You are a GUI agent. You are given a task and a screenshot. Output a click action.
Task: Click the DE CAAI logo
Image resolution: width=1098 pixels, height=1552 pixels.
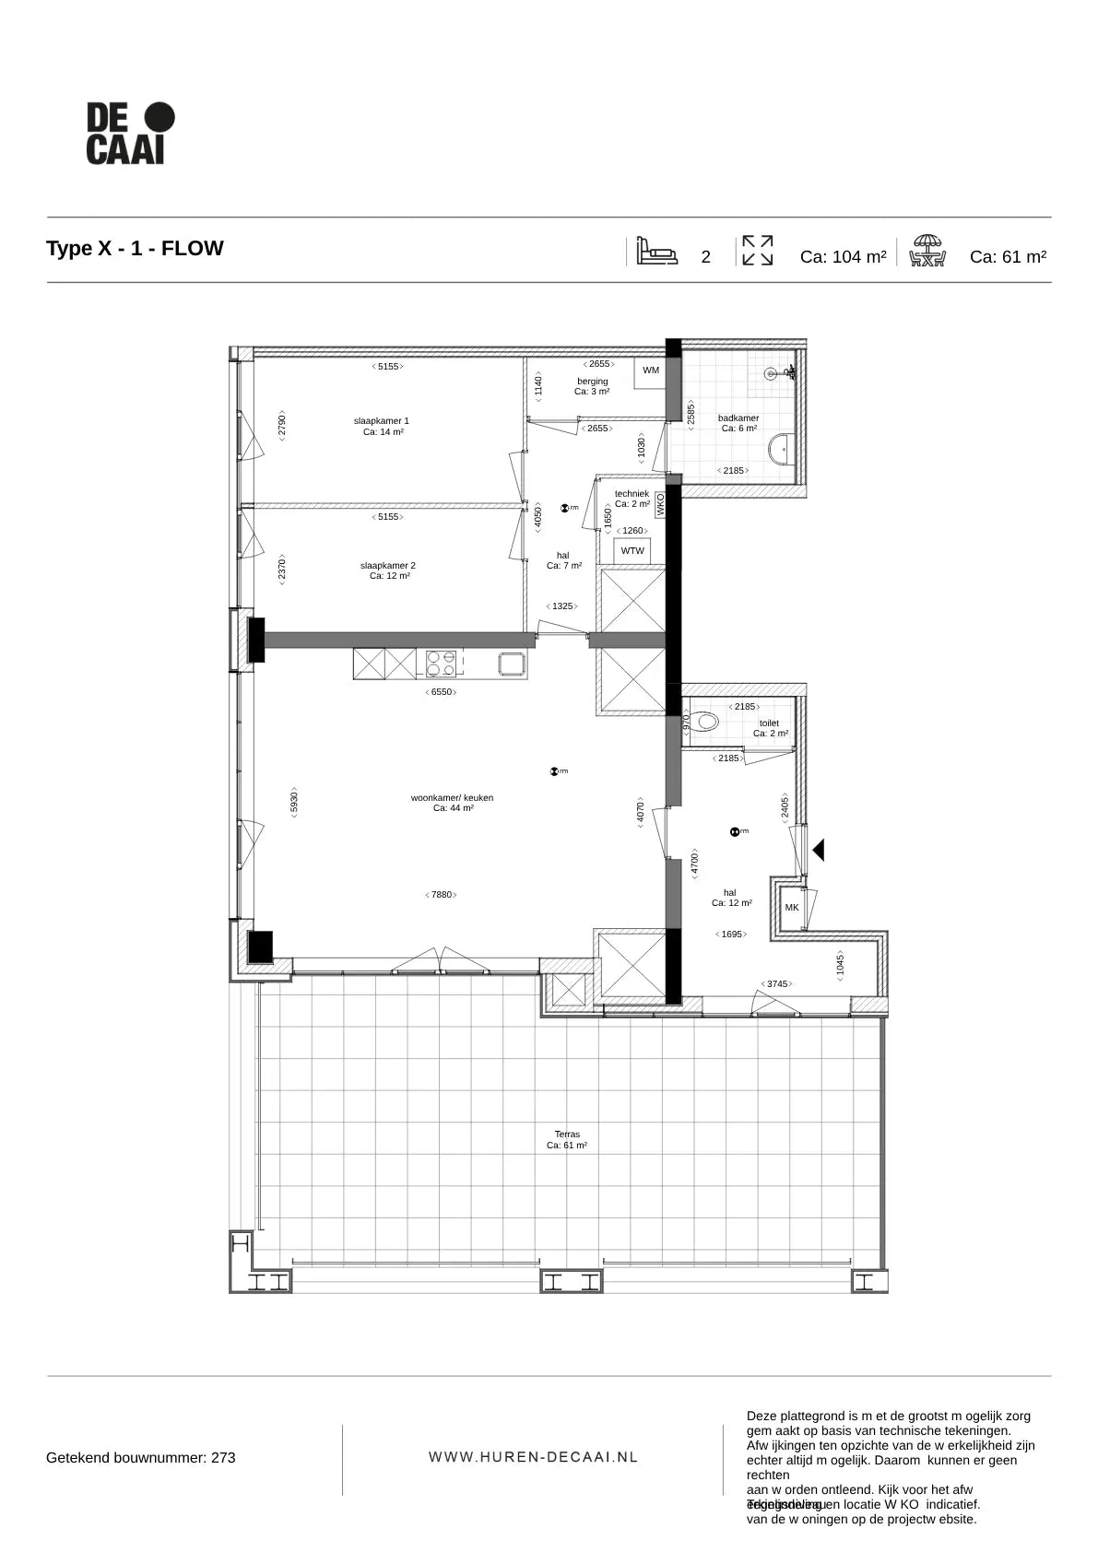(x=130, y=134)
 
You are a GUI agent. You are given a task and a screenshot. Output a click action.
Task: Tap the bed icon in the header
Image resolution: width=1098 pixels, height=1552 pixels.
(x=656, y=251)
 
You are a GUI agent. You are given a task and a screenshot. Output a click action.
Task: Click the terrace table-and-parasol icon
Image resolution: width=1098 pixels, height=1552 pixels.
(x=927, y=251)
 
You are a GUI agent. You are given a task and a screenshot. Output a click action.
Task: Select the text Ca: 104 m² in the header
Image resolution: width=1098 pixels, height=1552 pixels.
(x=843, y=257)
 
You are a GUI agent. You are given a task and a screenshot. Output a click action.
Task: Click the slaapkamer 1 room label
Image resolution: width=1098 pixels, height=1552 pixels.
(x=382, y=426)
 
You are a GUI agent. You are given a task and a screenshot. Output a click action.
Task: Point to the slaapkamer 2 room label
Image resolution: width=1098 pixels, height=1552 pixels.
(x=388, y=570)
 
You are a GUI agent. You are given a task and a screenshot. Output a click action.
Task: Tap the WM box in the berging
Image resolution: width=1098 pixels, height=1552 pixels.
(x=651, y=370)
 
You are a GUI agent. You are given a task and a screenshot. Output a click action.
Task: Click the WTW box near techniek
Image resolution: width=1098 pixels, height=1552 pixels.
(x=632, y=551)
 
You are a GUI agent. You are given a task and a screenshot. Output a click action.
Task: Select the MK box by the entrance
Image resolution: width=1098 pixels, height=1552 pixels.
(x=792, y=908)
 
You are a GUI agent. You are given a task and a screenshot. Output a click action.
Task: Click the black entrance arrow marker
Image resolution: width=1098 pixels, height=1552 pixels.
(x=818, y=850)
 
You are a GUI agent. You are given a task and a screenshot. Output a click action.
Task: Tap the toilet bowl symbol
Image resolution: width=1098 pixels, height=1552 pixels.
(x=706, y=721)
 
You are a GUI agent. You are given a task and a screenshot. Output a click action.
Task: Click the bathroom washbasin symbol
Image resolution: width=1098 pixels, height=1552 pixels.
(x=778, y=449)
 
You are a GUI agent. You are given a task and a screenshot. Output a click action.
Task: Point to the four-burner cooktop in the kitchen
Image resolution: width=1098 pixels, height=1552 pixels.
(x=441, y=664)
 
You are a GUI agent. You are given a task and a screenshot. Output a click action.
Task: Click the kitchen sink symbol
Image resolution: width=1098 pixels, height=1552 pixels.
(x=512, y=664)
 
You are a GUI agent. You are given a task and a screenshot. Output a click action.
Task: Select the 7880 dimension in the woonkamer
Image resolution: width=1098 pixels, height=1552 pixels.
(x=443, y=894)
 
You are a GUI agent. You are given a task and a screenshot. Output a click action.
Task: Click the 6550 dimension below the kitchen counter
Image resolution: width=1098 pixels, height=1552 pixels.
(x=443, y=692)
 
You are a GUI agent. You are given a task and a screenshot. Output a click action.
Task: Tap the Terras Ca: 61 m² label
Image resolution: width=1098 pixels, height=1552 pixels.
(x=567, y=1140)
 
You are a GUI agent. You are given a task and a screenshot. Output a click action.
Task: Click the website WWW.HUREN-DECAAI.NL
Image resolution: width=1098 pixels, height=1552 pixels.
(x=534, y=1457)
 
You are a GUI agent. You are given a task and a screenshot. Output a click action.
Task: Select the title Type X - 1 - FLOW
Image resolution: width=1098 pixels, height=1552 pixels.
(x=135, y=249)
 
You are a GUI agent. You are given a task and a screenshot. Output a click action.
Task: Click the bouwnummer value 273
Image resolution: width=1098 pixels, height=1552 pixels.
(x=224, y=1458)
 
